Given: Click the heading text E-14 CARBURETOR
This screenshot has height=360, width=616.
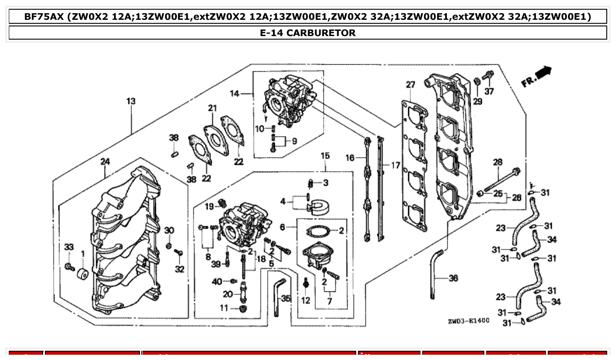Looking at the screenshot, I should click(x=308, y=33).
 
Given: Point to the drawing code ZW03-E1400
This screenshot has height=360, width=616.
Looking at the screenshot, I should click(x=468, y=321).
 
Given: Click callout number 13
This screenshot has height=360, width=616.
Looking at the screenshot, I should click(x=131, y=101).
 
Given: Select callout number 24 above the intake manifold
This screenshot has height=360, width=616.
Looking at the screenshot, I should click(x=105, y=162).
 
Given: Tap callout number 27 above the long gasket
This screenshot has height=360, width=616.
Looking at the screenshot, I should click(x=410, y=84).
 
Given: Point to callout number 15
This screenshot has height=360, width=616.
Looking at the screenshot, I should click(x=325, y=156).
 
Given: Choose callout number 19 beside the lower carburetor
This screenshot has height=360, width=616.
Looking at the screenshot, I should click(x=209, y=206).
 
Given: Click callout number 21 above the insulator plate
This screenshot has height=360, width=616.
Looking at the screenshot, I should click(x=213, y=108).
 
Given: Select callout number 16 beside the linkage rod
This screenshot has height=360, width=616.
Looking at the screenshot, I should click(x=350, y=158).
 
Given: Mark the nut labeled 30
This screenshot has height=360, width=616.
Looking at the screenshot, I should click(x=169, y=245).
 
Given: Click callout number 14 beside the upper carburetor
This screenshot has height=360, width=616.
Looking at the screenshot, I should click(x=235, y=93).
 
